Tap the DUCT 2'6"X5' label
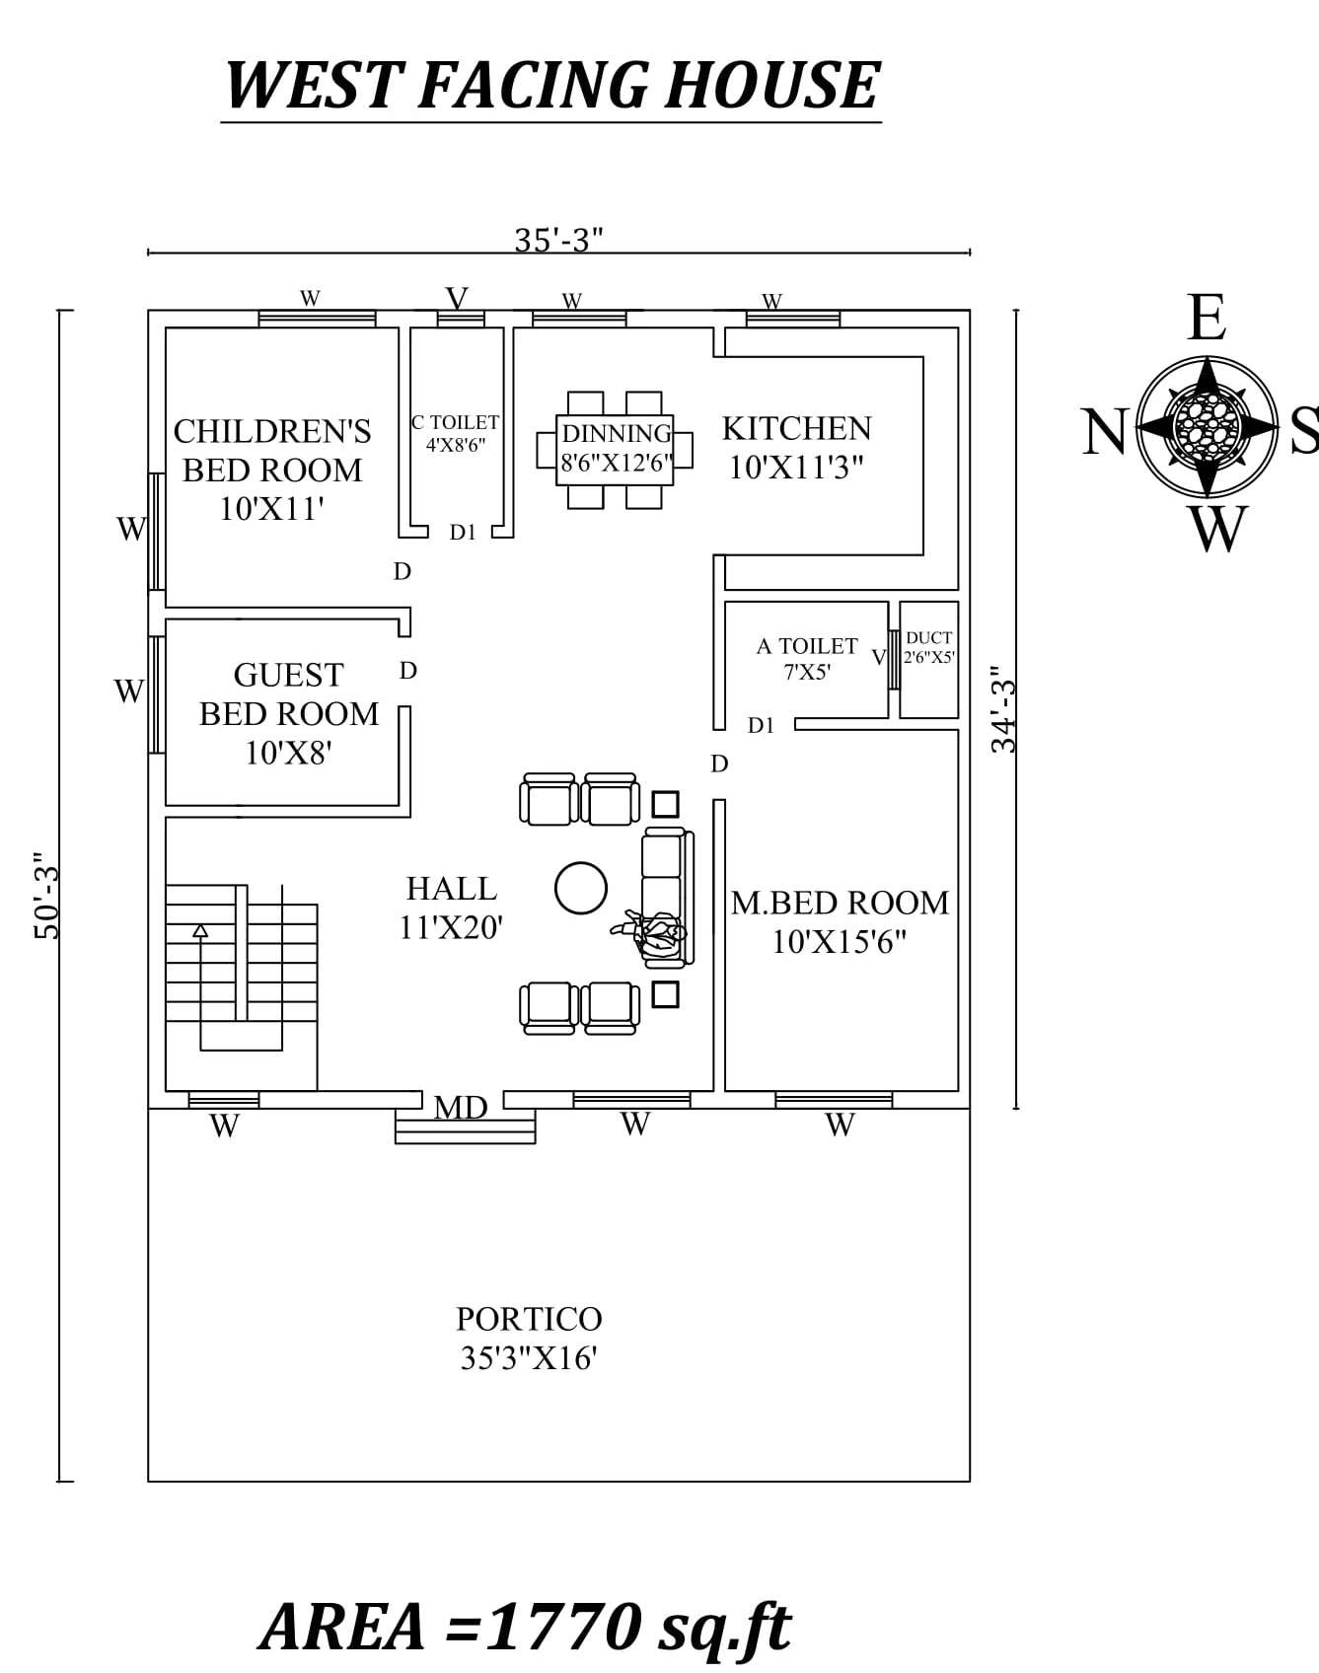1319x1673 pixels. click(x=928, y=647)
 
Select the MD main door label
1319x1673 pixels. click(x=461, y=1108)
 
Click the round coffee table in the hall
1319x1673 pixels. click(x=580, y=888)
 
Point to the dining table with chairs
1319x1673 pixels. click(x=615, y=449)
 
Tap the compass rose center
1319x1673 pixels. click(x=1207, y=426)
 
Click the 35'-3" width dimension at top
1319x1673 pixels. click(x=558, y=240)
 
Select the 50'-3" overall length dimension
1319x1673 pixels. click(x=47, y=896)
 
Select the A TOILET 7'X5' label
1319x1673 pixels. click(x=807, y=658)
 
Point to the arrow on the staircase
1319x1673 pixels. click(x=201, y=930)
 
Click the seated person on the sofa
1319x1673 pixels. click(x=652, y=931)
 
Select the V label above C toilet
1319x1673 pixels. click(x=457, y=298)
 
